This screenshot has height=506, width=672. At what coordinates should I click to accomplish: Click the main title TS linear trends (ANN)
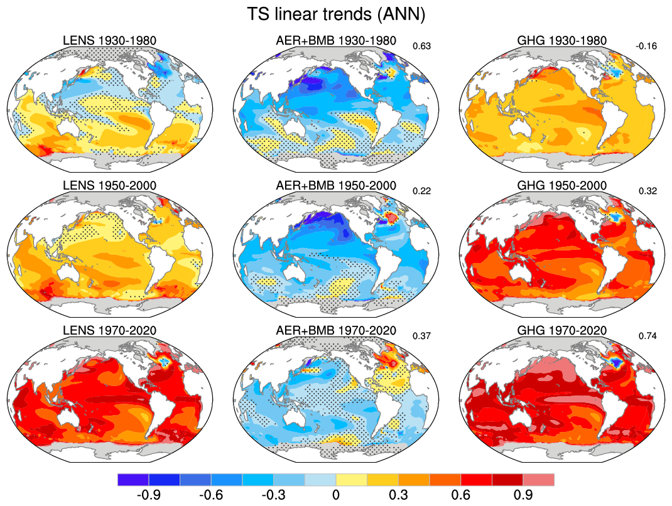coord(335,14)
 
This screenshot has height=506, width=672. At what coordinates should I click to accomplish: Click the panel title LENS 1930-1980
coord(110,41)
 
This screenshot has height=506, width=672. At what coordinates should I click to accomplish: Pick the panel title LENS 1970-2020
coord(110,331)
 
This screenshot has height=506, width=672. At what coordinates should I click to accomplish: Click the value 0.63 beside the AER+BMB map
coord(420,45)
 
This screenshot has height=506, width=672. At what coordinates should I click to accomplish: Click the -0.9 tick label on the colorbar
coord(148,495)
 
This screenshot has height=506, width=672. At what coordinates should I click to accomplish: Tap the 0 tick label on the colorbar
coord(336,495)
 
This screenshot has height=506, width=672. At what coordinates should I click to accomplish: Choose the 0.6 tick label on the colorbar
coord(461,495)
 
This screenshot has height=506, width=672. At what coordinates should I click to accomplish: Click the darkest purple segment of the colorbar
coord(133,480)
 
